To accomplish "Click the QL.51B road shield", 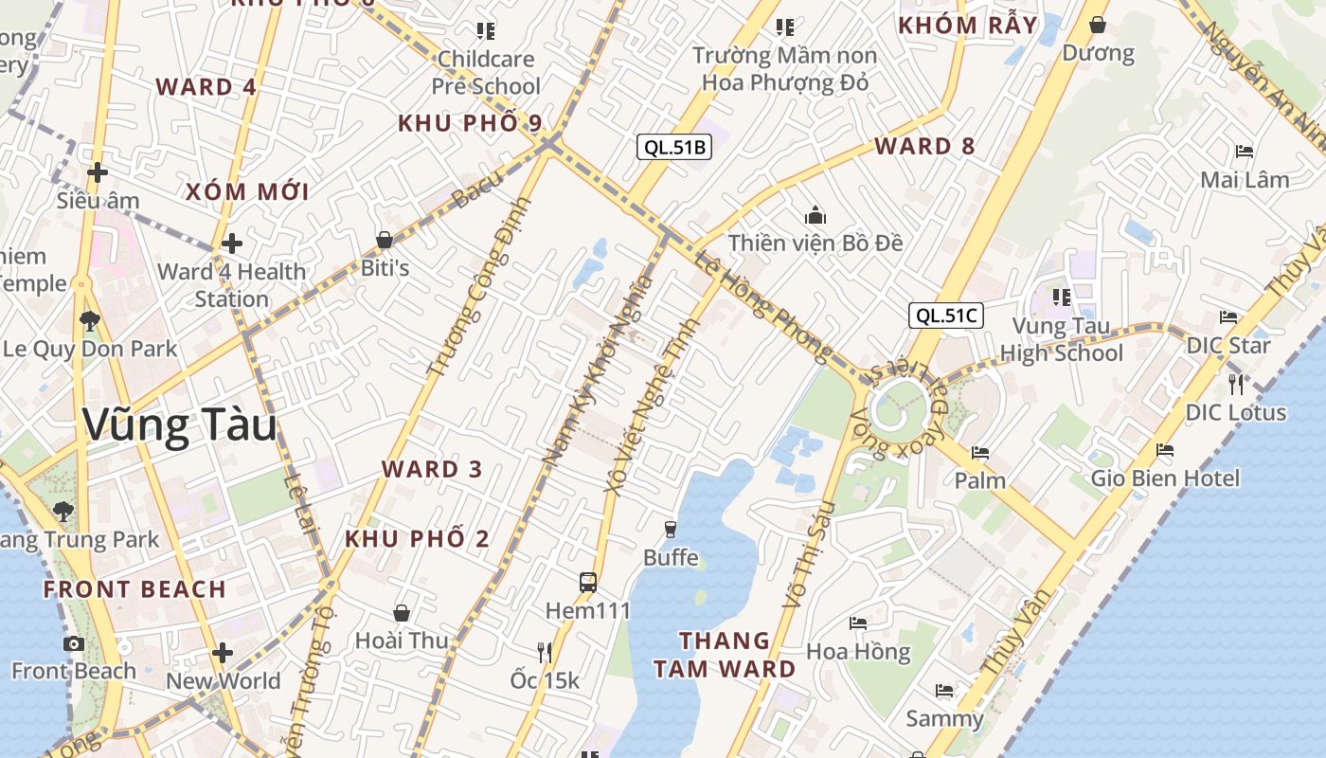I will tap(672, 147).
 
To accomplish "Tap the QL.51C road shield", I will tap(945, 316).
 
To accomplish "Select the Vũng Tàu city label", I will tap(180, 425).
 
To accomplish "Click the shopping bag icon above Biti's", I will tap(385, 240).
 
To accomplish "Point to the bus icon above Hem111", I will tap(588, 582).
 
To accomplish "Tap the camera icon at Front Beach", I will tap(73, 643).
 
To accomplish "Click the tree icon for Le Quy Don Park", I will tap(90, 320).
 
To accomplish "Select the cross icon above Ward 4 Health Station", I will tap(232, 244).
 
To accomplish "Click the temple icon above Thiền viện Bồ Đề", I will tap(815, 215).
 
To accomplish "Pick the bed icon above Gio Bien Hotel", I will tap(1164, 450).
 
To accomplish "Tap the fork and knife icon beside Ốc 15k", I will tap(545, 652).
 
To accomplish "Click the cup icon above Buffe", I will tap(671, 529).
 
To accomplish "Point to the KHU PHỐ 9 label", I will tap(470, 123).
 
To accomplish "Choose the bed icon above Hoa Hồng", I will tap(857, 623).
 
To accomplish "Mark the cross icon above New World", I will tap(223, 653).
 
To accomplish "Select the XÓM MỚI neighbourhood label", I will tap(247, 191).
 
